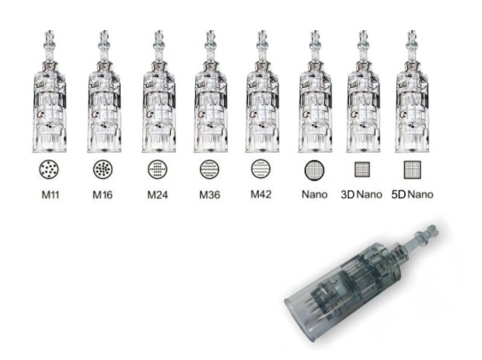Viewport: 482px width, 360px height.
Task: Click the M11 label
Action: click(x=50, y=194)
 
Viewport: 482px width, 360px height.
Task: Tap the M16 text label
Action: click(x=103, y=194)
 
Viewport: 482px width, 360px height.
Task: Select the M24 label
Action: click(x=157, y=194)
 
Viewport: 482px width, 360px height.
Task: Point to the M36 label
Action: click(x=210, y=194)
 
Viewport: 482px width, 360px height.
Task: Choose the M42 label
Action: click(x=261, y=194)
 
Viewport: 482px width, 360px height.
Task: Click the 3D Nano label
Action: click(x=361, y=194)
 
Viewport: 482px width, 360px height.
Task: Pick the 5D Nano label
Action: click(x=412, y=194)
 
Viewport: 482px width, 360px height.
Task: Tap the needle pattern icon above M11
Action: click(x=49, y=169)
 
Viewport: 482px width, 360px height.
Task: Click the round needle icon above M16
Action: click(x=103, y=169)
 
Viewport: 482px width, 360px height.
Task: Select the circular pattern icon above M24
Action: click(x=157, y=169)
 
